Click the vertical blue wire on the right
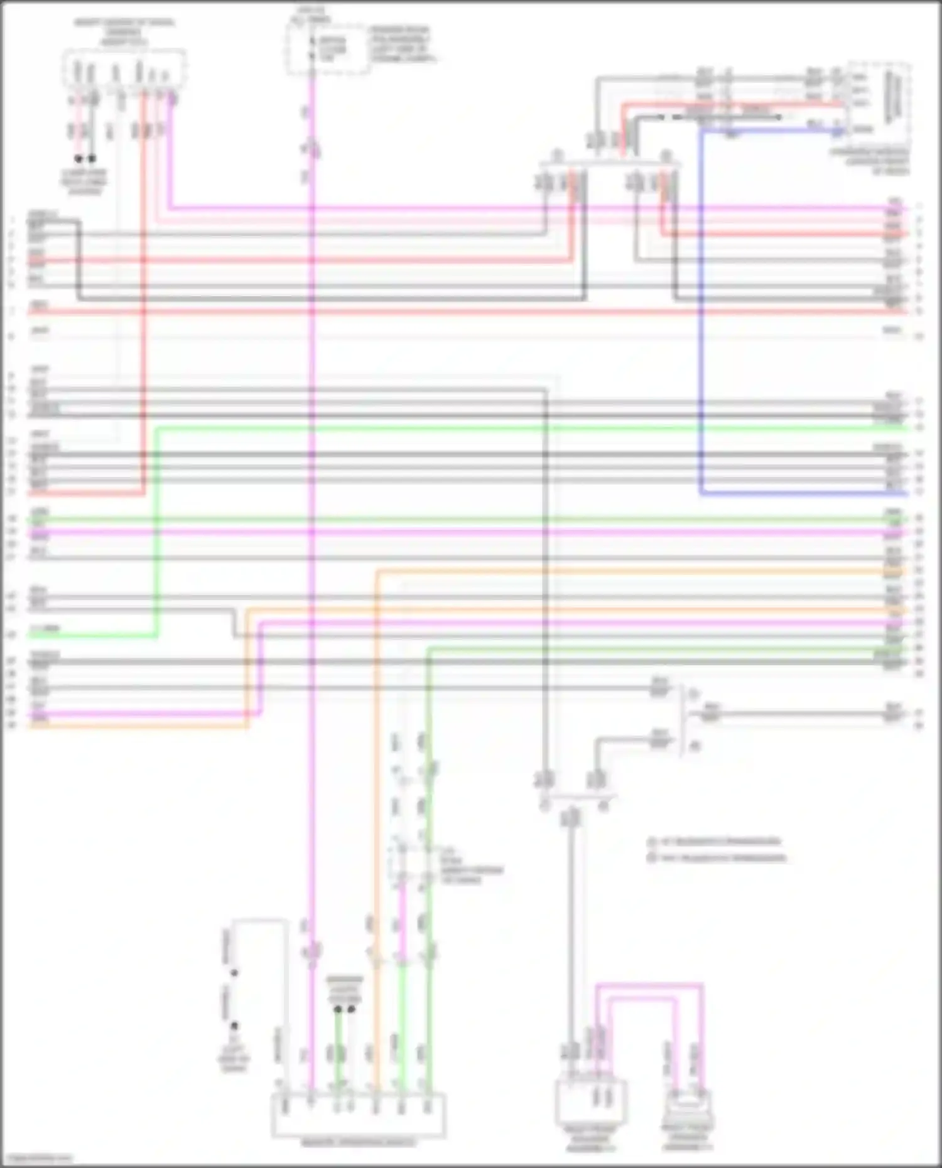click(701, 314)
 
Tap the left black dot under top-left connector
click(78, 159)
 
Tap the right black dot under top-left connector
click(92, 159)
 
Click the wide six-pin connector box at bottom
click(359, 1115)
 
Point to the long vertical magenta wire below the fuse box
click(311, 502)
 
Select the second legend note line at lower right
click(717, 857)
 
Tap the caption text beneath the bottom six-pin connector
click(359, 1144)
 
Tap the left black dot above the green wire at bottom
click(338, 1009)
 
